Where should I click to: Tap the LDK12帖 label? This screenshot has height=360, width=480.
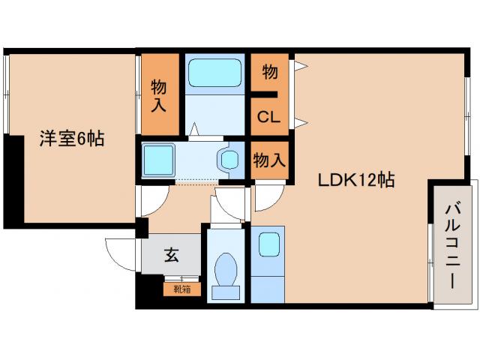[x=356, y=180]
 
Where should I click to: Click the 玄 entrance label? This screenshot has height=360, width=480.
[x=172, y=255]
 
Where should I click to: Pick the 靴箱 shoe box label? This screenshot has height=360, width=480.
[x=182, y=288]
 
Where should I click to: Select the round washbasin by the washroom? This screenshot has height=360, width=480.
[x=229, y=159]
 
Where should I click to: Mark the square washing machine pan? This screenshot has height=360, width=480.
[x=158, y=159]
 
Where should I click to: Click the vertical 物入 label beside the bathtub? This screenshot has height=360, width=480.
[x=158, y=94]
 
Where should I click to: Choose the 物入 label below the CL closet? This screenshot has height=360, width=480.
[x=268, y=160]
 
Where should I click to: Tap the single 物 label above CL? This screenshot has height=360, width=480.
[x=270, y=73]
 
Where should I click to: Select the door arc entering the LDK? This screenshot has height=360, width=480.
[x=268, y=198]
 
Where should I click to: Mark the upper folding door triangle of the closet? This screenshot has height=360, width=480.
[x=300, y=66]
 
